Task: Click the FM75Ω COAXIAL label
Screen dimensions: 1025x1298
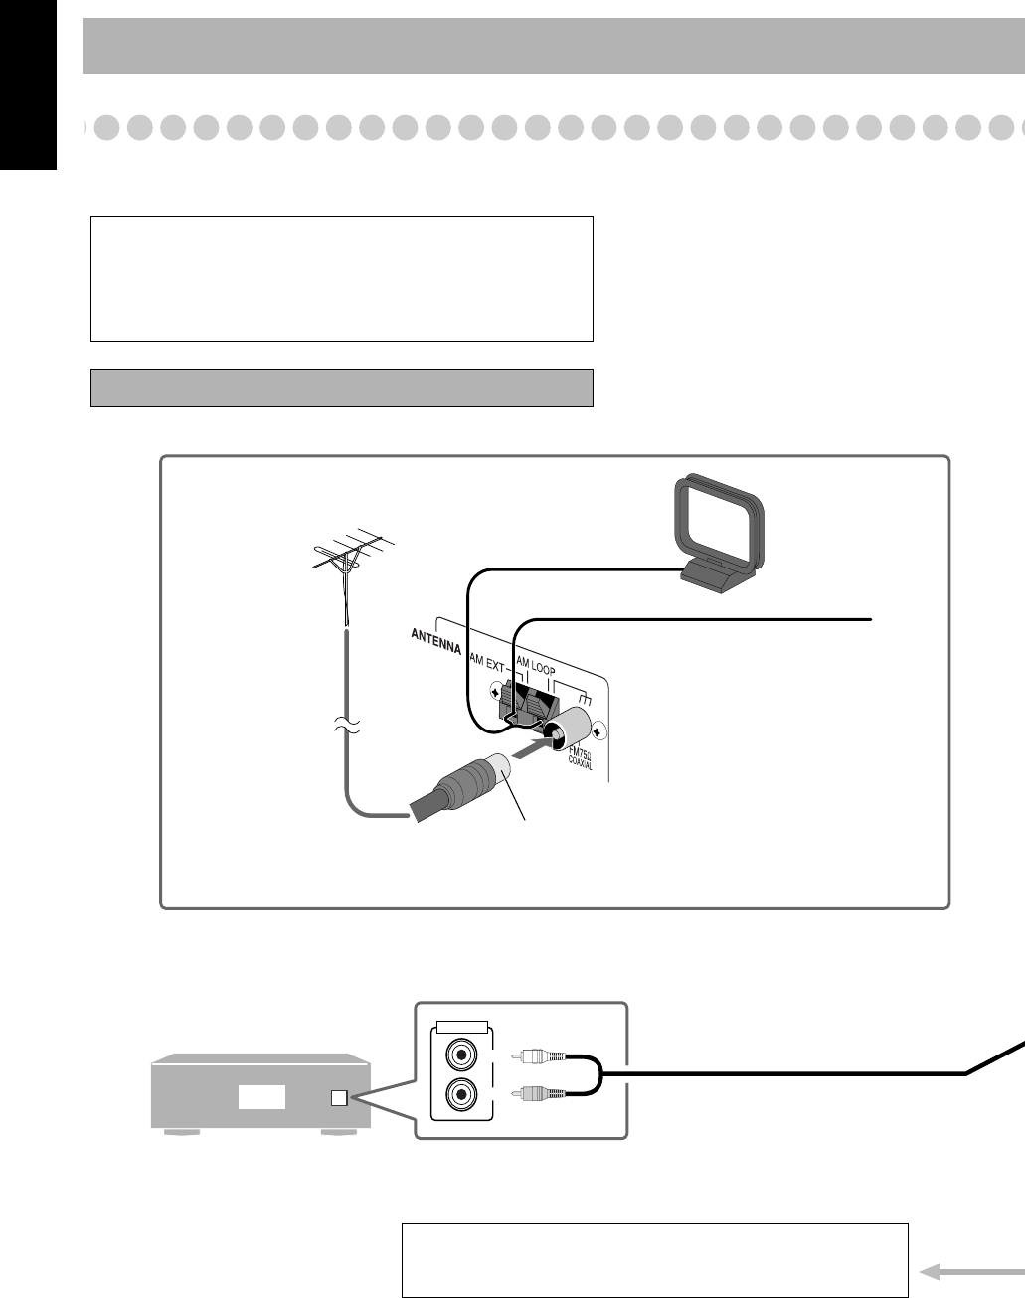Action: [583, 765]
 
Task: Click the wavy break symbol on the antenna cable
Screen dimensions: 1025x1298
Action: [345, 729]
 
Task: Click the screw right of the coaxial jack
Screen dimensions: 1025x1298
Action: [598, 732]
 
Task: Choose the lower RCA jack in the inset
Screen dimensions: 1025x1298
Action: [460, 1095]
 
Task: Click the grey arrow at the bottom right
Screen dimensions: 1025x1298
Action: [970, 1271]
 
